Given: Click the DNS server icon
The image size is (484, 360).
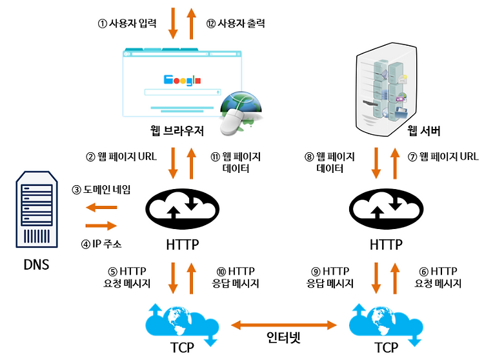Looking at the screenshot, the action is [37, 210].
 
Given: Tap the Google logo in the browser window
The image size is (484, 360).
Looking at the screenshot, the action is [182, 80].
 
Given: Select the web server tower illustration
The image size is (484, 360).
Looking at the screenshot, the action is [386, 90].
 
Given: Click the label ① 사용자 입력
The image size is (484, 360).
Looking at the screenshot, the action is [127, 23].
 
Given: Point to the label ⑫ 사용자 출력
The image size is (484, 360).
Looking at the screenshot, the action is [236, 23].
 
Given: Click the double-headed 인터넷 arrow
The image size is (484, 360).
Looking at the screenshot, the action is [284, 325].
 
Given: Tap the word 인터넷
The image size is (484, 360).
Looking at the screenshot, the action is [283, 337].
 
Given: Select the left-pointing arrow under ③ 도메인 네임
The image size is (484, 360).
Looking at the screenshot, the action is [101, 207].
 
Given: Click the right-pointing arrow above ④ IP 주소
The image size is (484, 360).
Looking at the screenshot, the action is [101, 226].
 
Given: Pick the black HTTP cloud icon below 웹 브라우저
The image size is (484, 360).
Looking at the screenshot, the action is [183, 210].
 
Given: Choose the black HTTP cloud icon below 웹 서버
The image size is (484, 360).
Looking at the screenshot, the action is [386, 210].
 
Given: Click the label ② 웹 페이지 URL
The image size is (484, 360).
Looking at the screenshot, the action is [121, 157].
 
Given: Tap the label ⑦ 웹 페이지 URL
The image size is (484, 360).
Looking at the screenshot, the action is [443, 157].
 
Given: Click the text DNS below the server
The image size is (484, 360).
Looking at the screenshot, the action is [36, 265].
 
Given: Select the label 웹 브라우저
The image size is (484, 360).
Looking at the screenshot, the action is [177, 131].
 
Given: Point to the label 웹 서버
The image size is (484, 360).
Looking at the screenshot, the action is [423, 131].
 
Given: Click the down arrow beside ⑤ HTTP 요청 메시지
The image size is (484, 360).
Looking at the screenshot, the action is [173, 278].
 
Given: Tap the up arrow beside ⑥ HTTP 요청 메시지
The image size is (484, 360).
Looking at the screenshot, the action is [395, 278].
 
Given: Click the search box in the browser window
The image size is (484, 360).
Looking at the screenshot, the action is [183, 92].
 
